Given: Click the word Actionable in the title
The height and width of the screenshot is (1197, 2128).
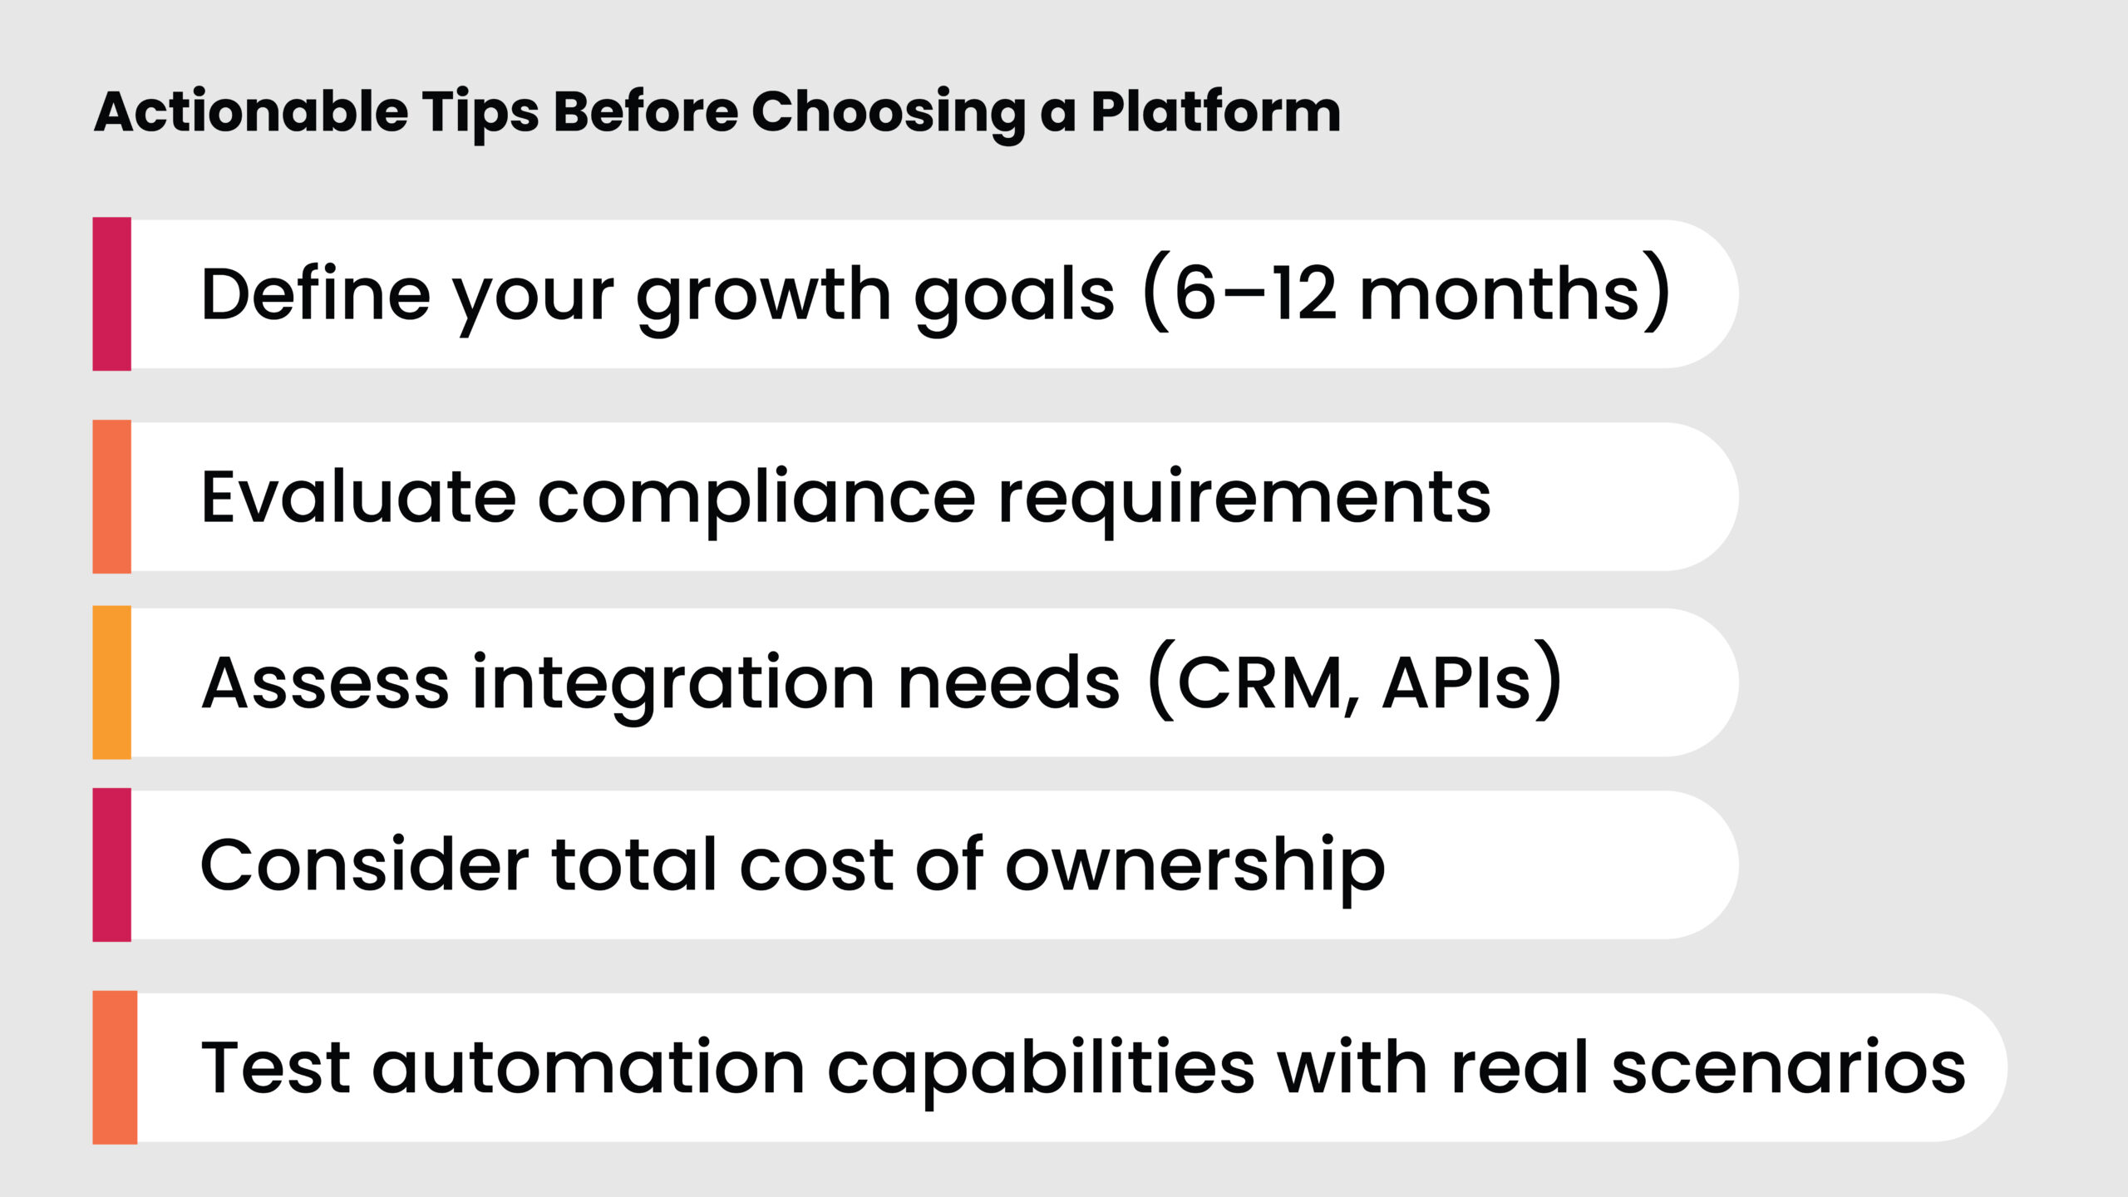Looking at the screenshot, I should pyautogui.click(x=251, y=112).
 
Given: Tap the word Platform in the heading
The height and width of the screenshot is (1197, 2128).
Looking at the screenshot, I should pyautogui.click(x=1215, y=112).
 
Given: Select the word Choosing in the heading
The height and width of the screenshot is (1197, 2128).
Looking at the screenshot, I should pyautogui.click(x=888, y=112).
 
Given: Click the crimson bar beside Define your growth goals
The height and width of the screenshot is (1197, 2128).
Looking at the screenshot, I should pyautogui.click(x=111, y=293).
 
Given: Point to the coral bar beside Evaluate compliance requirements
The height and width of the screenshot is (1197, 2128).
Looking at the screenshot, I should pyautogui.click(x=111, y=496).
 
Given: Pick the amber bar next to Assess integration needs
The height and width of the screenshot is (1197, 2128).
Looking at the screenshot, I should pyautogui.click(x=111, y=682).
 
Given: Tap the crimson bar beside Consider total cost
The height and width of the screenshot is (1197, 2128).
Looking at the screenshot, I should pyautogui.click(x=111, y=864).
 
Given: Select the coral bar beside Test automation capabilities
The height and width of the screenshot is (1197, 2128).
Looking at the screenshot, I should pyautogui.click(x=115, y=1067).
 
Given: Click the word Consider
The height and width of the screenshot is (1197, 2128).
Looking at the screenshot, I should pyautogui.click(x=364, y=866).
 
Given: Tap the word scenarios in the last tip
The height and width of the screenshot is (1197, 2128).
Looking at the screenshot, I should pyautogui.click(x=1788, y=1069).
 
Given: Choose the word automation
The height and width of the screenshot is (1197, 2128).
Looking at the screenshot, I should pyautogui.click(x=589, y=1069).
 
